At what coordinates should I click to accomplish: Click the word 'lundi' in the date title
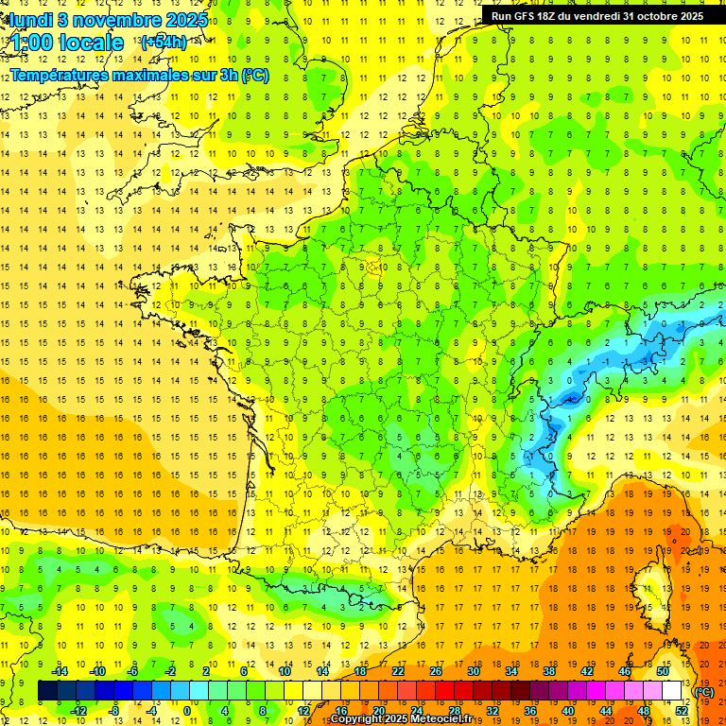click(30, 19)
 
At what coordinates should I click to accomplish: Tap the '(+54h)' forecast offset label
click(163, 43)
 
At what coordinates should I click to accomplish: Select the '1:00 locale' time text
click(67, 43)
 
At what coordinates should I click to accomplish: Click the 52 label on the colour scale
click(682, 710)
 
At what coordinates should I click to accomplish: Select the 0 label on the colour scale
click(186, 710)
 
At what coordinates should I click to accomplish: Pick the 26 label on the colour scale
click(436, 671)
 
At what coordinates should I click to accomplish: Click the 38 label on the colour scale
click(549, 671)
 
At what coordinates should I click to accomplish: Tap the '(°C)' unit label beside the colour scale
click(703, 691)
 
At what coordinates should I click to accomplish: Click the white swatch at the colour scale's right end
click(672, 691)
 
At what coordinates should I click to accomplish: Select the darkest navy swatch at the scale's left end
click(47, 691)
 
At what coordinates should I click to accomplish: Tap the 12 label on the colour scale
click(303, 710)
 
